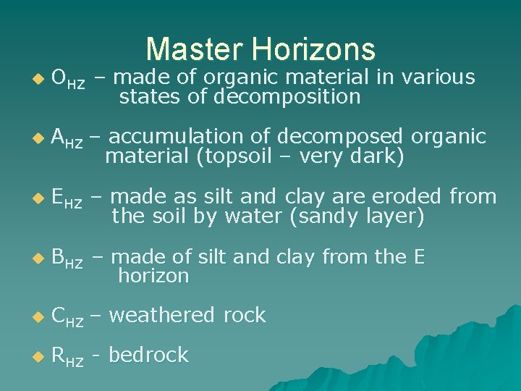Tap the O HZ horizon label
click(69, 79)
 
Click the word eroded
click(409, 196)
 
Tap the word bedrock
click(148, 355)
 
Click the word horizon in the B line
click(153, 276)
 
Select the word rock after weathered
click(245, 315)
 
